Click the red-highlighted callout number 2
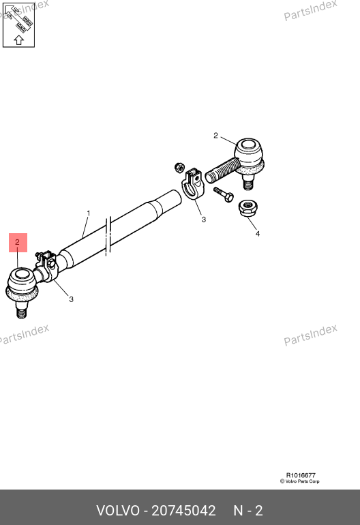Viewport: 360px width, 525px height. click(18, 242)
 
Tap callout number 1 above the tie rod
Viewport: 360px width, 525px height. click(89, 213)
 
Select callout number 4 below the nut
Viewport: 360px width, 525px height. click(258, 234)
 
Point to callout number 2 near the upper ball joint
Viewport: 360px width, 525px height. click(215, 136)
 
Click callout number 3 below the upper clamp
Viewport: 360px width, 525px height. click(204, 220)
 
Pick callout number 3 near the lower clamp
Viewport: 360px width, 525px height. click(71, 299)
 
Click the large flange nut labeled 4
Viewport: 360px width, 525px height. click(247, 208)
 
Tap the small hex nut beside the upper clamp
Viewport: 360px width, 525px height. click(180, 167)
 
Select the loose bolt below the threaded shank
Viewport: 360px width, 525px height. click(224, 194)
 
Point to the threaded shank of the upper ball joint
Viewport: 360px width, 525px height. click(222, 170)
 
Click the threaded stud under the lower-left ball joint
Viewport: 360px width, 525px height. click(21, 310)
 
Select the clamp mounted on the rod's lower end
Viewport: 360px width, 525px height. click(47, 266)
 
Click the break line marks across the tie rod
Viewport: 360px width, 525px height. click(108, 237)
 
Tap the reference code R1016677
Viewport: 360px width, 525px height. click(301, 475)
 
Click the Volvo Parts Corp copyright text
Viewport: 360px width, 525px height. click(300, 481)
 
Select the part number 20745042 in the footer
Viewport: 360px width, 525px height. click(183, 511)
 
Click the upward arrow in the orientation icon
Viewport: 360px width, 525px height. click(19, 40)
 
